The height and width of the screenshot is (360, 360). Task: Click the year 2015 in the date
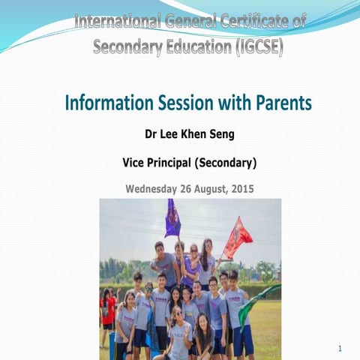(242, 188)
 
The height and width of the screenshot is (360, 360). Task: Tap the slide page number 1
(340, 349)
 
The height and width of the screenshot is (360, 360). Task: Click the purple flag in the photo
(172, 219)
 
